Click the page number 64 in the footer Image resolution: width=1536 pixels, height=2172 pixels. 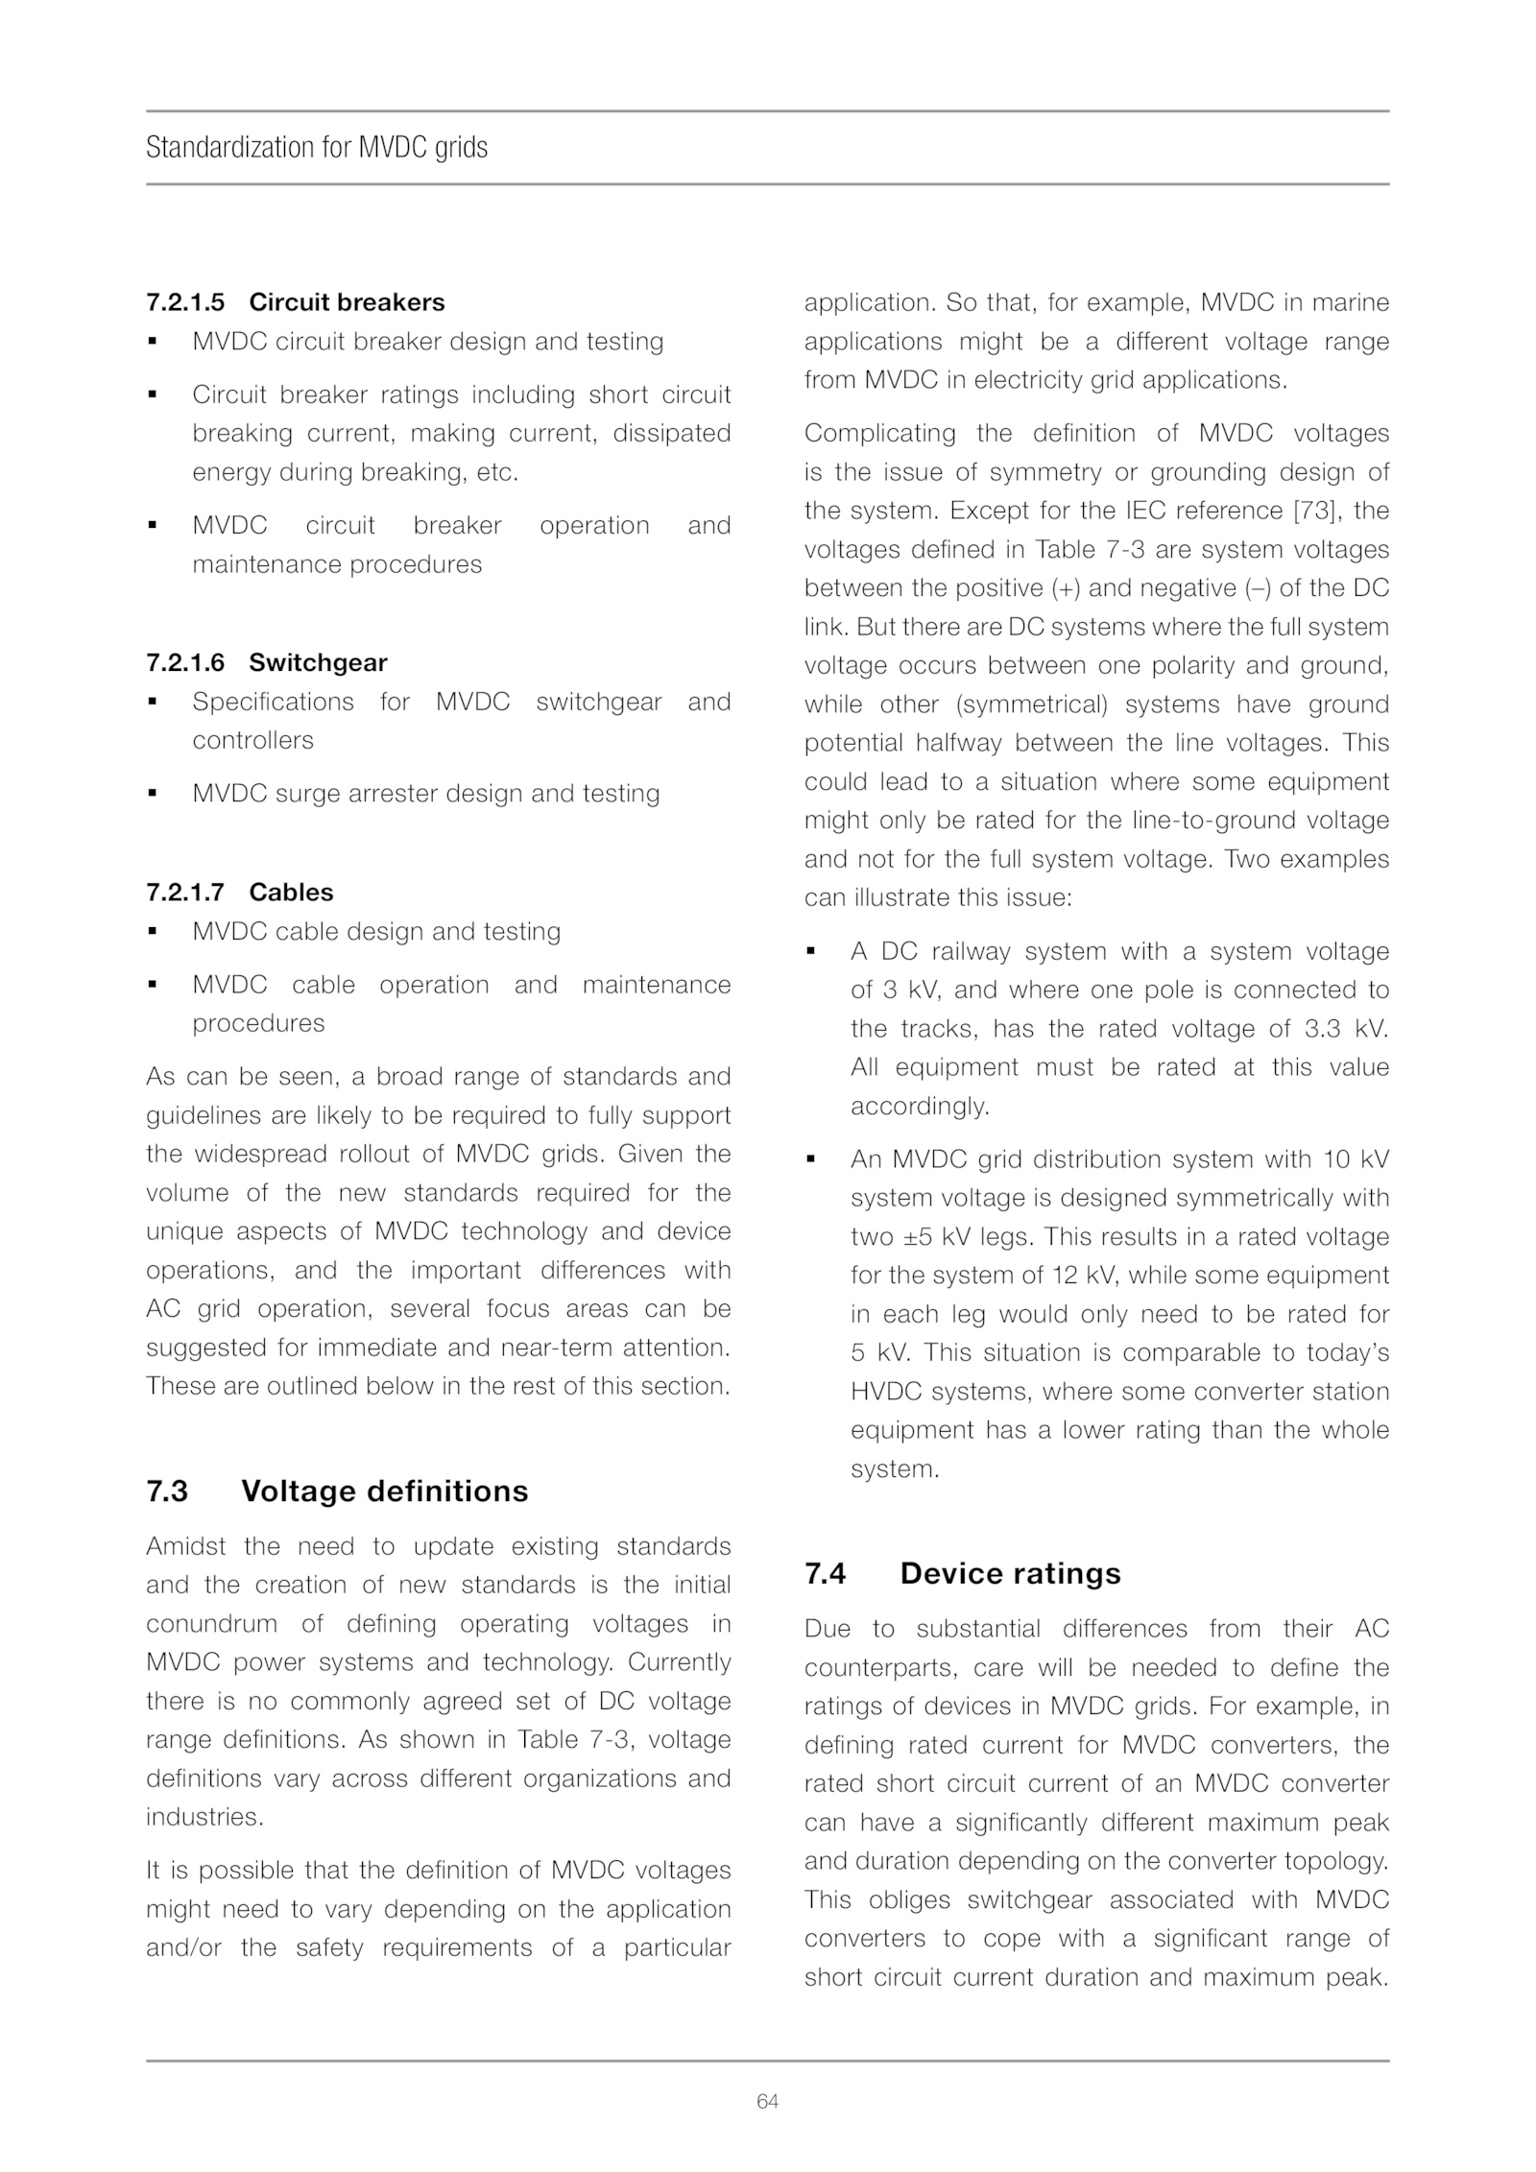click(767, 2101)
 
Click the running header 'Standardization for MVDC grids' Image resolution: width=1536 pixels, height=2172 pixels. click(317, 148)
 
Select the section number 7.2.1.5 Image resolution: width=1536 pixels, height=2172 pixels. click(185, 302)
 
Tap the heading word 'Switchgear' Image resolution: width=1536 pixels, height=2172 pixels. click(318, 662)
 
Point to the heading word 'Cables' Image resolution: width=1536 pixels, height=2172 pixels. click(291, 892)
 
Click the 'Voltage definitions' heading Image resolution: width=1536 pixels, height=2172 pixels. click(384, 1491)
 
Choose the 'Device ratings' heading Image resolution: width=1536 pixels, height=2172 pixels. click(1010, 1573)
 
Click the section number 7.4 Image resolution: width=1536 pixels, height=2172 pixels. click(825, 1573)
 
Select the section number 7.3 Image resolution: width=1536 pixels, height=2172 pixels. click(167, 1491)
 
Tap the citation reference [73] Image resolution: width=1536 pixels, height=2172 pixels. click(1317, 511)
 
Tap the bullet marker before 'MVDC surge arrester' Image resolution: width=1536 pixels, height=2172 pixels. click(152, 794)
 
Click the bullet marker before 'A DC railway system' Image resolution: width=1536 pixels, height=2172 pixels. click(811, 951)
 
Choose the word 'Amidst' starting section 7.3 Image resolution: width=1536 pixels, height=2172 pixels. click(185, 1546)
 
